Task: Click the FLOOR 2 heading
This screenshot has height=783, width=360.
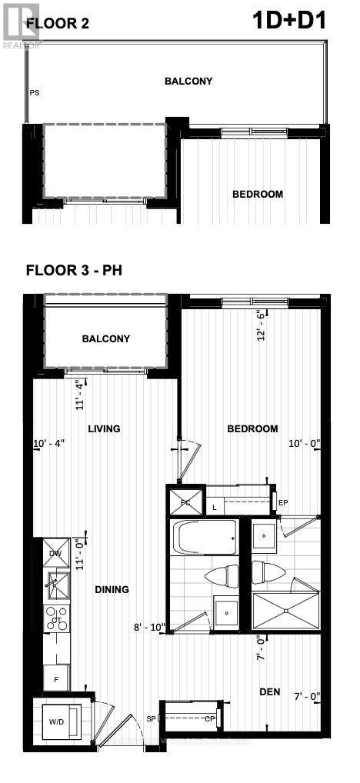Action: [x=58, y=24]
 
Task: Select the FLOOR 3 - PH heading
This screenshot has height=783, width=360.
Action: [x=74, y=270]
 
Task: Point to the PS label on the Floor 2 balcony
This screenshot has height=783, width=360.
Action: [x=35, y=93]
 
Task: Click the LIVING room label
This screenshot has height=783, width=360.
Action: [x=104, y=428]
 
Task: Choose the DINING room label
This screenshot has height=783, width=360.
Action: [x=112, y=589]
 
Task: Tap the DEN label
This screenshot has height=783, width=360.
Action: [x=269, y=691]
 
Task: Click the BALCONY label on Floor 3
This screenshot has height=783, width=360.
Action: [x=106, y=338]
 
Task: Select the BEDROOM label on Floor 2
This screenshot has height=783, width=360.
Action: [x=258, y=195]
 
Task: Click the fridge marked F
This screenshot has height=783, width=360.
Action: [x=56, y=679]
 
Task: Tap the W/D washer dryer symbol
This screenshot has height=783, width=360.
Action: [x=58, y=721]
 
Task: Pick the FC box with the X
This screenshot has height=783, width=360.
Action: [x=186, y=501]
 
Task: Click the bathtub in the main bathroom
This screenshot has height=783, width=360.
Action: [x=204, y=538]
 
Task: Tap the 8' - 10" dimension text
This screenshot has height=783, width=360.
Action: [x=150, y=627]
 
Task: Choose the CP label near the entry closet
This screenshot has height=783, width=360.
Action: [x=208, y=719]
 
